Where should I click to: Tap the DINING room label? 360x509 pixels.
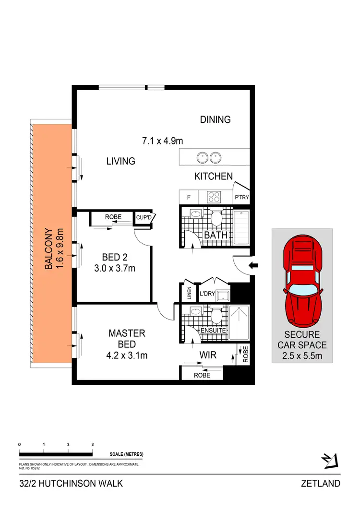216,119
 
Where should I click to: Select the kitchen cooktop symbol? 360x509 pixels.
214,197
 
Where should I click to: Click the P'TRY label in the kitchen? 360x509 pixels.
241,197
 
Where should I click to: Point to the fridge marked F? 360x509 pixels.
188,197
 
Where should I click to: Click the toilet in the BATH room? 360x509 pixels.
216,219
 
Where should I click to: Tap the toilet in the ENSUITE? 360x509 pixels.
216,315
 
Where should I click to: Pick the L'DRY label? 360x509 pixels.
207,293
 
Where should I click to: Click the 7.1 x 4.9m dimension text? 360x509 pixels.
163,141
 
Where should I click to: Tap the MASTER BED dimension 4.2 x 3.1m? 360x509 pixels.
127,355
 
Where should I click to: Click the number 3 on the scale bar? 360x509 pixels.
92,445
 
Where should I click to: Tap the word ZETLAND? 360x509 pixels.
321,483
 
